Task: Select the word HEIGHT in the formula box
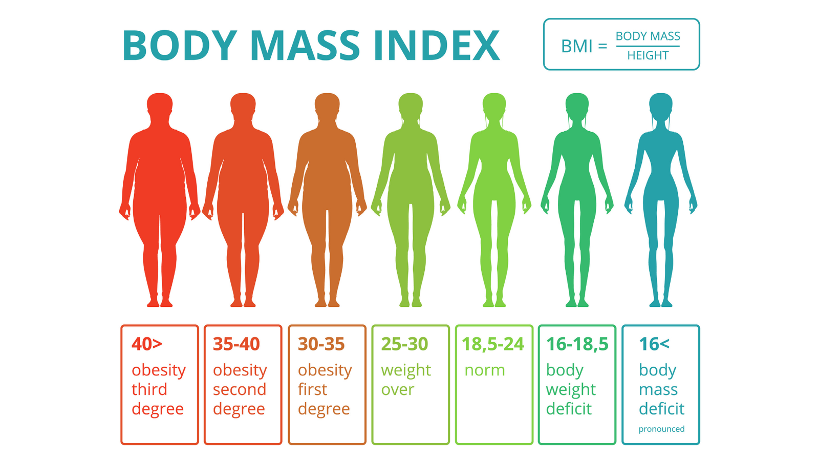pos(648,55)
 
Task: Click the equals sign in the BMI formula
pos(602,46)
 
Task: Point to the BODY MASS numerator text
pos(648,36)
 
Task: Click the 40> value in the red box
pos(147,344)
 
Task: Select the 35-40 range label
pos(236,344)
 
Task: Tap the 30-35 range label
pos(321,344)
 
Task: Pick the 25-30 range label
pos(404,344)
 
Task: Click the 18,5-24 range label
pos(493,344)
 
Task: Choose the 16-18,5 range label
pos(577,344)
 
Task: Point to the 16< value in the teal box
pos(654,344)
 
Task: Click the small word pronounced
pos(661,429)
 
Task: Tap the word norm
pos(485,370)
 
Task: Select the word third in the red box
pos(149,389)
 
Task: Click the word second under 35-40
pos(240,389)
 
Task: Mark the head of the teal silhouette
pos(661,105)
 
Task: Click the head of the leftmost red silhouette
pos(160,106)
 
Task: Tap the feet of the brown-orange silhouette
pos(327,302)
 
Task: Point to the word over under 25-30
pos(398,390)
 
